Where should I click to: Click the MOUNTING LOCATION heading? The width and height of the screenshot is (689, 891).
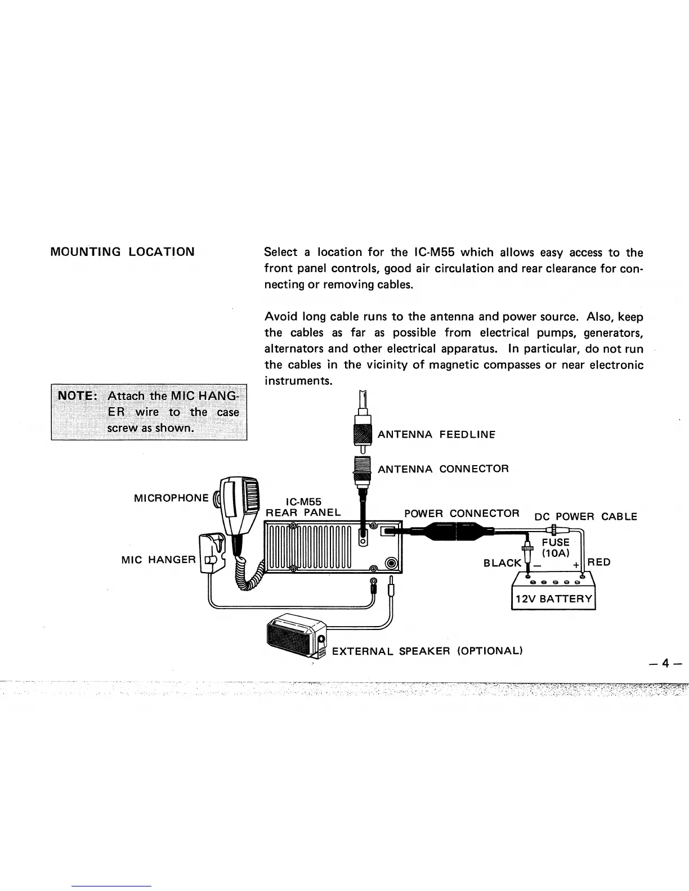123,251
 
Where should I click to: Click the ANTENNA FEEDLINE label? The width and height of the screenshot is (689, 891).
436,434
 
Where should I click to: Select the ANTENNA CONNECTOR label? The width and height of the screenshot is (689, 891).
443,469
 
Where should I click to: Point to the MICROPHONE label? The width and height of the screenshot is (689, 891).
171,498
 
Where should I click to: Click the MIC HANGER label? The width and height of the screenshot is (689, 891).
158,560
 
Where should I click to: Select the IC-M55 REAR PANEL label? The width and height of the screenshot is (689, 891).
303,507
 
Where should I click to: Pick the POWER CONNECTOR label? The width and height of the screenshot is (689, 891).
462,514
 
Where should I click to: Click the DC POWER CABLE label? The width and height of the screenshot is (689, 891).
585,516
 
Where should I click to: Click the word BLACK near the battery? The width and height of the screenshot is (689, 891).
503,563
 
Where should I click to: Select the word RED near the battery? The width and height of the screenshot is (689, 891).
599,562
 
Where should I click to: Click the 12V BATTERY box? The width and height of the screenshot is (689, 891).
552,598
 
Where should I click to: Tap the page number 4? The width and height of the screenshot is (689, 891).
665,663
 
